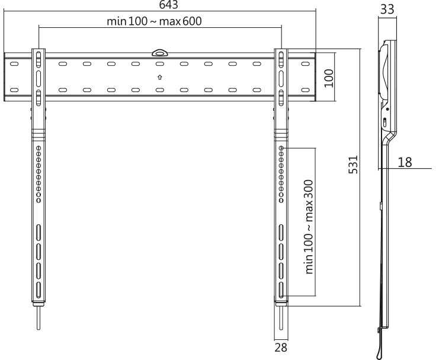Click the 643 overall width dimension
(x=168, y=5)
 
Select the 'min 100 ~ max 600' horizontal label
(x=155, y=21)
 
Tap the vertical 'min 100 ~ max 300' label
(x=309, y=227)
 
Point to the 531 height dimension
(x=353, y=165)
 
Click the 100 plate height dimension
(x=329, y=78)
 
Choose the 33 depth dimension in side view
(x=387, y=9)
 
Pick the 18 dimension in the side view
(x=405, y=162)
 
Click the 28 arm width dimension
(x=281, y=348)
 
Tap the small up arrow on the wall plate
(x=159, y=78)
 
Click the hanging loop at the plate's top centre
(x=159, y=53)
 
